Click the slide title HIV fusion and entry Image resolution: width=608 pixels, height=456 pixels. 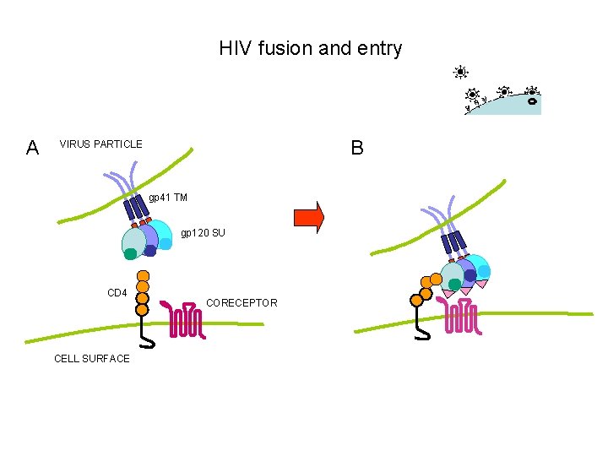pyautogui.click(x=310, y=48)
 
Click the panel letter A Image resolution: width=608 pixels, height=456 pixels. pyautogui.click(x=32, y=149)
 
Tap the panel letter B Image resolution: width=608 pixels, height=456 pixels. pyautogui.click(x=357, y=149)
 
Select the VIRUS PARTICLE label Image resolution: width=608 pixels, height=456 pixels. pyautogui.click(x=100, y=144)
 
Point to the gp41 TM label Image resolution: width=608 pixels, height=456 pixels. pyautogui.click(x=168, y=198)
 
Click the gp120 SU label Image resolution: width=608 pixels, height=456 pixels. pyautogui.click(x=203, y=232)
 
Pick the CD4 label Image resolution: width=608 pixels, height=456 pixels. pyautogui.click(x=117, y=293)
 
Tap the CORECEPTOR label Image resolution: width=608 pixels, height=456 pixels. pyautogui.click(x=242, y=302)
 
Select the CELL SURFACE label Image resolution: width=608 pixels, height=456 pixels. pyautogui.click(x=92, y=358)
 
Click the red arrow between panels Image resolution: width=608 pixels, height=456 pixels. pyautogui.click(x=308, y=216)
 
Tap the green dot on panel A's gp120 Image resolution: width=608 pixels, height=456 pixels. pyautogui.click(x=130, y=253)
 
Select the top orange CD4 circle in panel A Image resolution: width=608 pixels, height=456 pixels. pyautogui.click(x=144, y=275)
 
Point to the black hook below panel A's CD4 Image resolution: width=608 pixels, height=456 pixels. pyautogui.click(x=147, y=335)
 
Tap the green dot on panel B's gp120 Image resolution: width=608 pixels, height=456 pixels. pyautogui.click(x=455, y=285)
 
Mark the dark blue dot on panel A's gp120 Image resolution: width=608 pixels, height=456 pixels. pyautogui.click(x=150, y=250)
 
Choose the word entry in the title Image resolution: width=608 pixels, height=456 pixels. pyautogui.click(x=379, y=48)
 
